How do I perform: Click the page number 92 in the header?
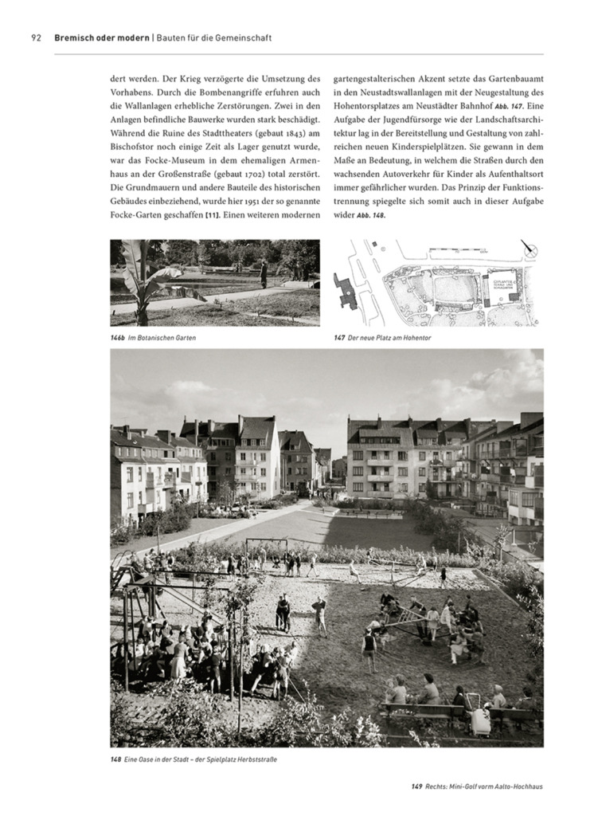coord(36,37)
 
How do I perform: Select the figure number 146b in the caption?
coord(119,338)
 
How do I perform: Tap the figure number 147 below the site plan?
coord(339,338)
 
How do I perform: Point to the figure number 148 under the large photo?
coord(115,759)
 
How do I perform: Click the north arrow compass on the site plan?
coord(528,249)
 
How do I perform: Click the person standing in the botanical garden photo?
coord(264,273)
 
